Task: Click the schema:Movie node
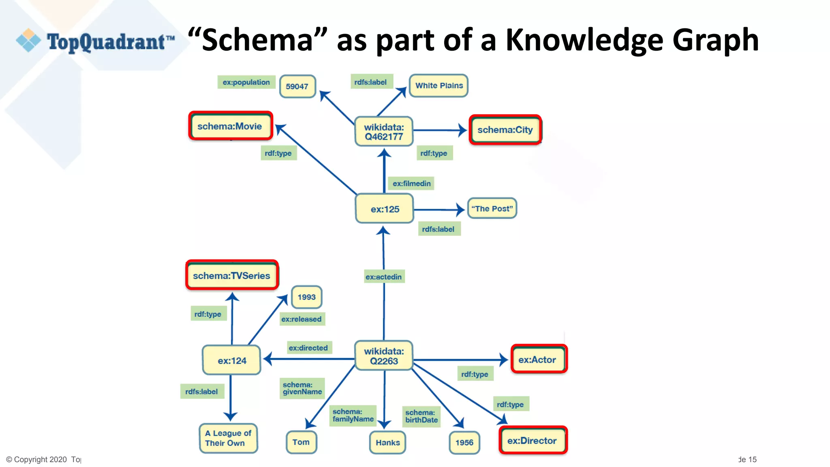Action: [230, 126]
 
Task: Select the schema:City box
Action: [505, 130]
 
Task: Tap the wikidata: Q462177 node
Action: [384, 132]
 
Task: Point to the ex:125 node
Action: [385, 209]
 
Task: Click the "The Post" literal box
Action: [492, 209]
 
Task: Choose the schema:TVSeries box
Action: [232, 276]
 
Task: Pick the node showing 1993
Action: [306, 297]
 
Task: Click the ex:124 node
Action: [232, 360]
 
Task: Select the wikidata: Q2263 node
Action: [384, 356]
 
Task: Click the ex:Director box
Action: [533, 441]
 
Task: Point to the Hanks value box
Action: [387, 443]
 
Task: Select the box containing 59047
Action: [297, 86]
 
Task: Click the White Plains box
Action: [439, 86]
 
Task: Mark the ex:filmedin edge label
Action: [411, 184]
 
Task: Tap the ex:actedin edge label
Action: [384, 277]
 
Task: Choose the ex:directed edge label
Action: [308, 348]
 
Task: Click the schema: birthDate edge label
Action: [421, 416]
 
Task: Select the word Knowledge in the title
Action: [584, 41]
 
